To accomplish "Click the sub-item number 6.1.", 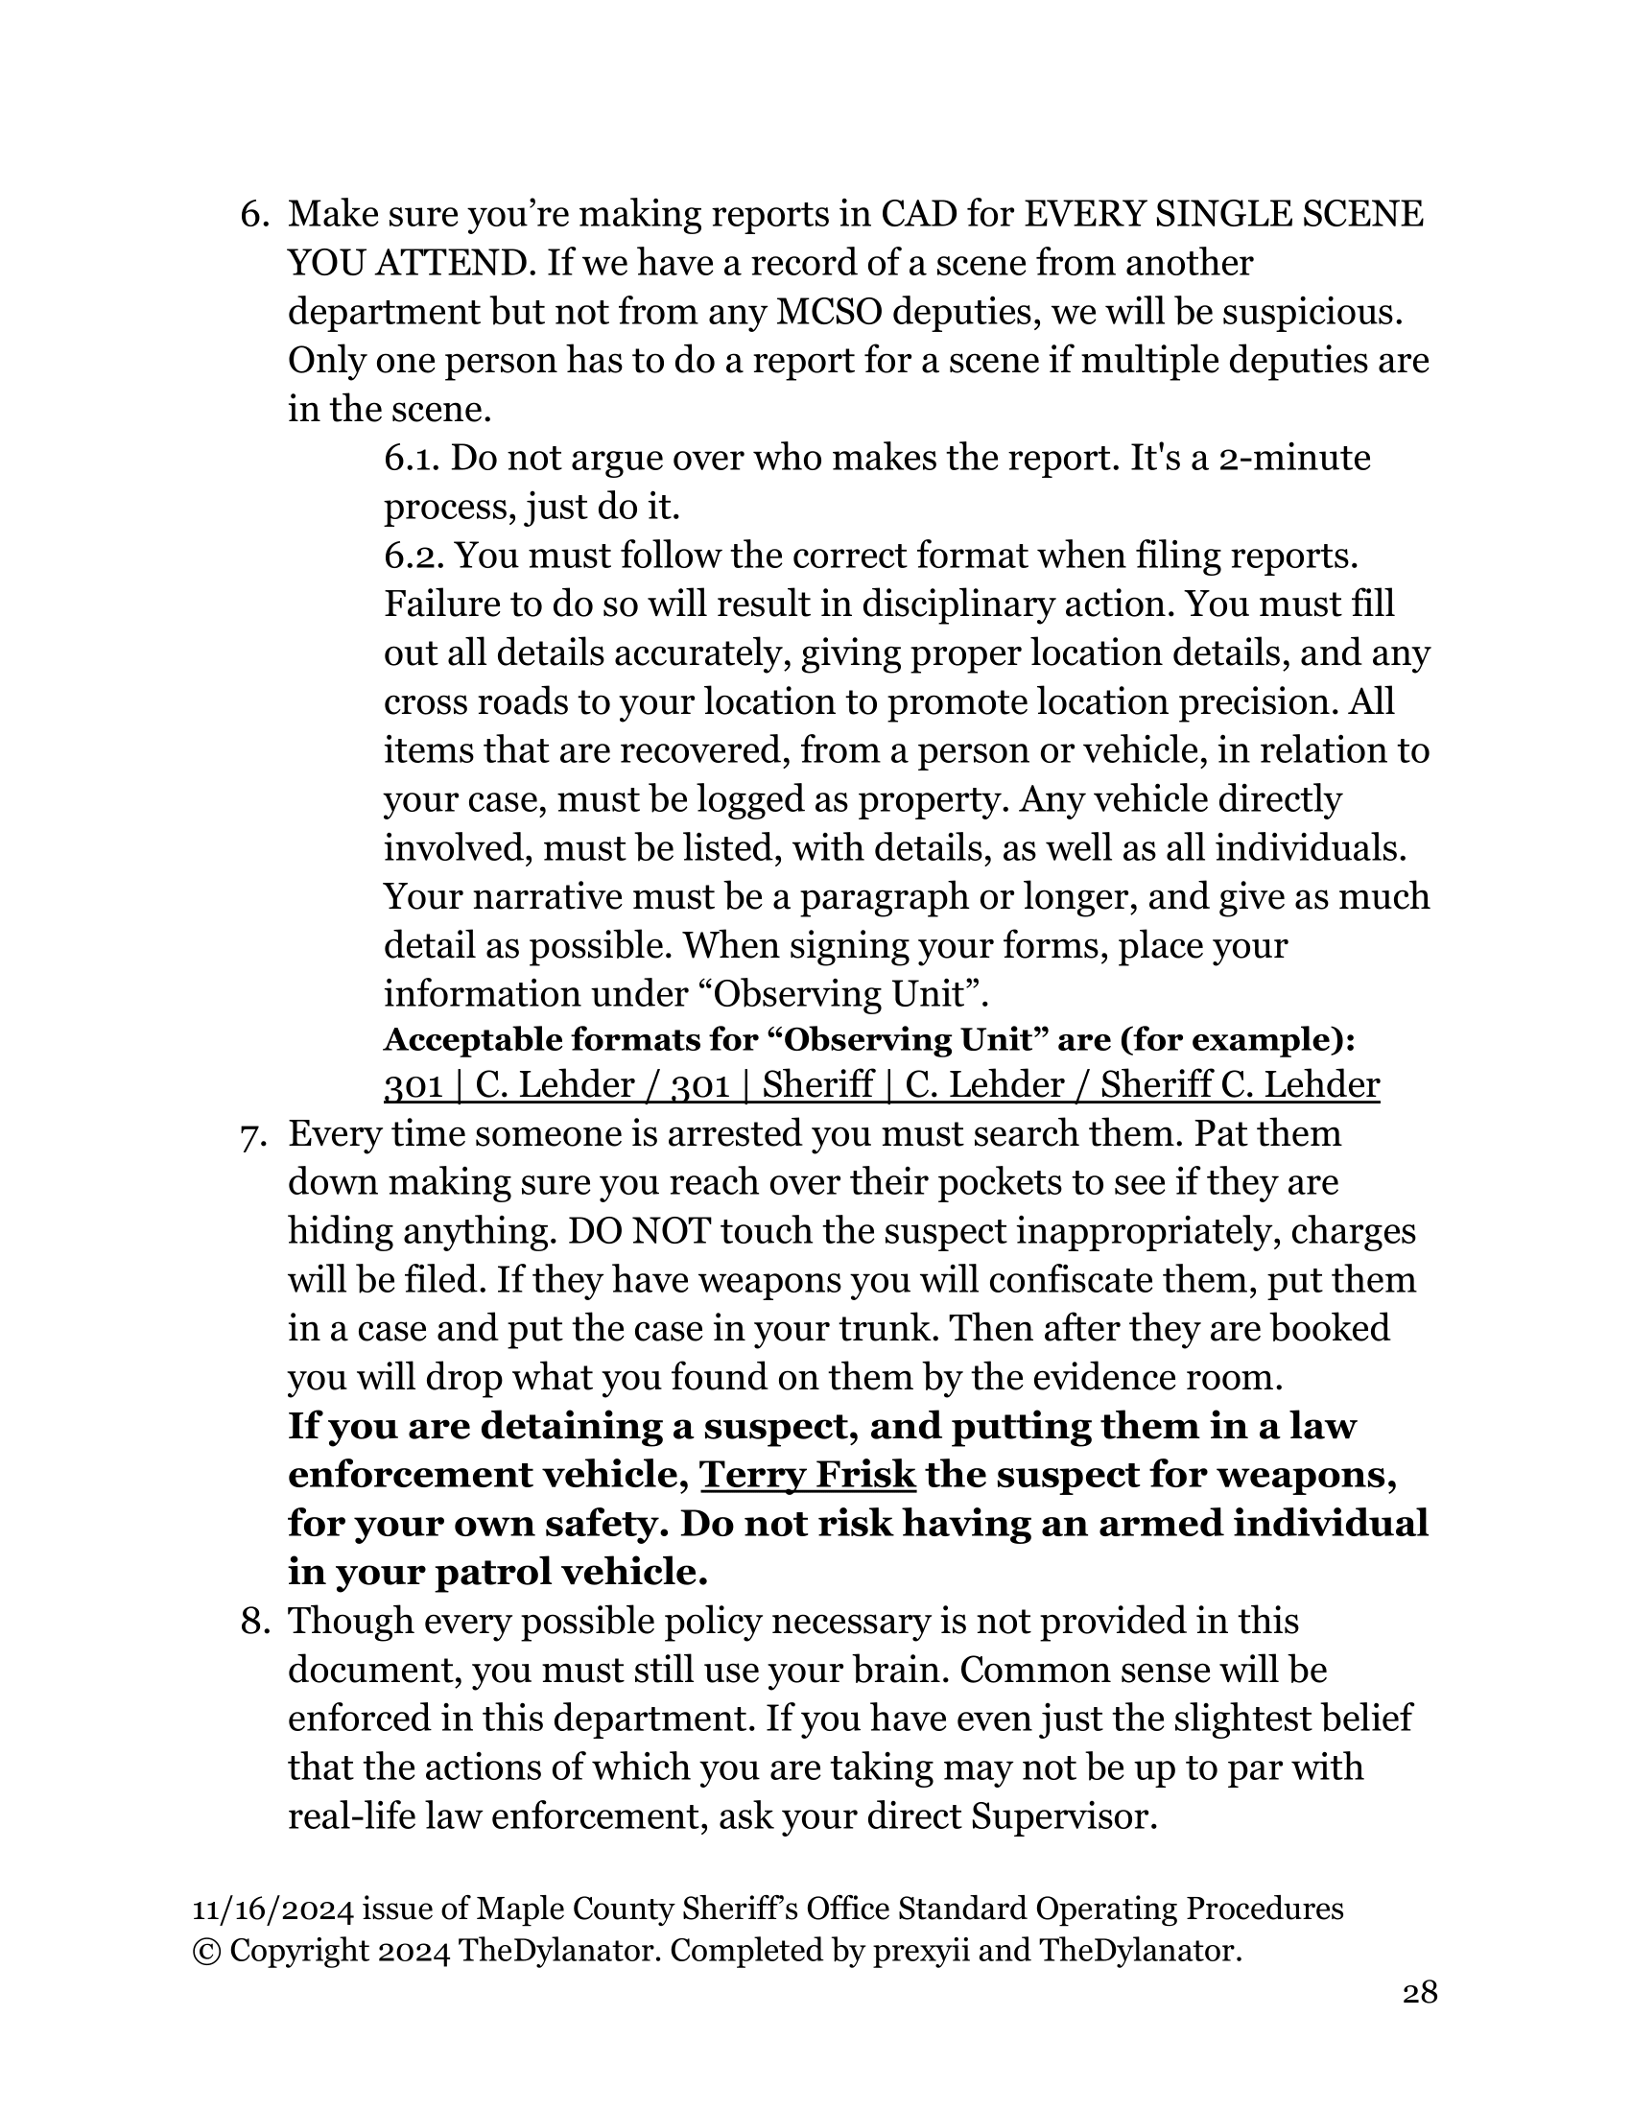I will (412, 458).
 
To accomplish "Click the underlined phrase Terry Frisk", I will (807, 1475).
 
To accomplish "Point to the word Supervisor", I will (1063, 1817).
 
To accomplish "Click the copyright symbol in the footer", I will (206, 1952).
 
